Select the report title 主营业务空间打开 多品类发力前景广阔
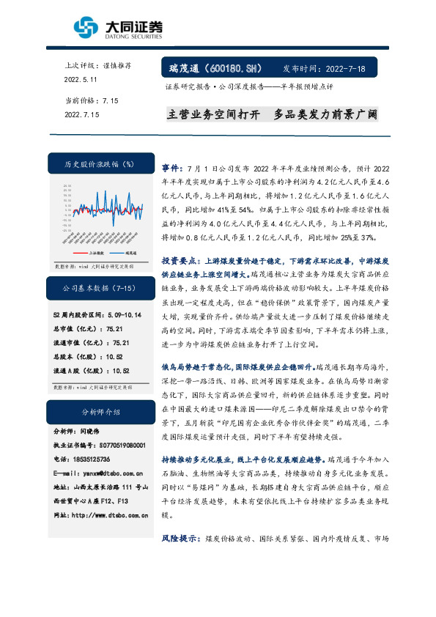272,116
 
